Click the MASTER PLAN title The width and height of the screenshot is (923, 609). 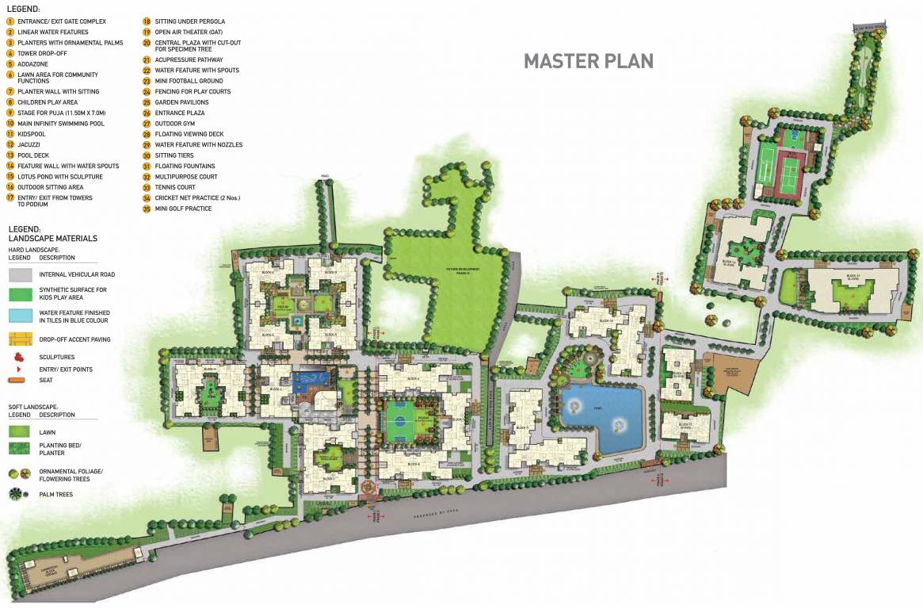coord(588,61)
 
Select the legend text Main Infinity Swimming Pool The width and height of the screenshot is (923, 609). coord(61,124)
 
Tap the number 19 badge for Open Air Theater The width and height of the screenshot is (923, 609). coord(147,32)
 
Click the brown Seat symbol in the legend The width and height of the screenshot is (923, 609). coord(17,380)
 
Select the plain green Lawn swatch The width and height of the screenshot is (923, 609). coord(19,432)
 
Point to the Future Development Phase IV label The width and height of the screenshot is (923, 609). coord(463,270)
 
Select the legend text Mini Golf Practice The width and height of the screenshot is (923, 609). coord(183,209)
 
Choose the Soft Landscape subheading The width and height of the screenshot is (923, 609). coord(36,406)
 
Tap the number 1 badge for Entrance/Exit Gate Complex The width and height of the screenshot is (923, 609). coord(10,21)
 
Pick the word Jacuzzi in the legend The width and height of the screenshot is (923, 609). coord(29,145)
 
